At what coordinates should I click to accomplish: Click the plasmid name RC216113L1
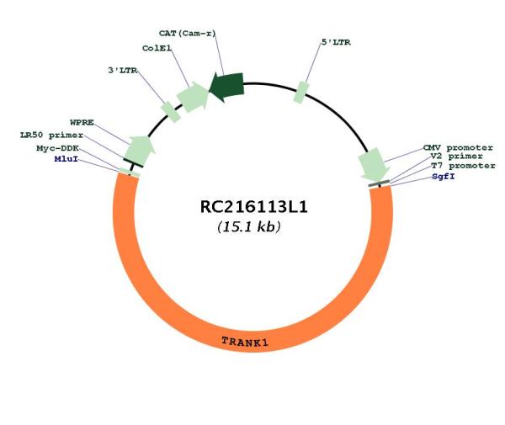[x=254, y=207]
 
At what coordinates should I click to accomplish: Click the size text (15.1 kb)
[x=249, y=226]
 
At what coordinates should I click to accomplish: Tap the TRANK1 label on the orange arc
[x=245, y=342]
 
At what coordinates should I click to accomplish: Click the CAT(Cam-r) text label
[x=188, y=33]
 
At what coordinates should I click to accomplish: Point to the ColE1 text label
[x=157, y=48]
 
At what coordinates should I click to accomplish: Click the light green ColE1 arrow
[x=193, y=97]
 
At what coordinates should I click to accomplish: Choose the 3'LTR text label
[x=123, y=70]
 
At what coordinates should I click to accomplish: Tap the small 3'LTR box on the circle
[x=171, y=112]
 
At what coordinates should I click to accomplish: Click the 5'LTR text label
[x=336, y=42]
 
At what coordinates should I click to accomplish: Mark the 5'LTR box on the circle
[x=301, y=93]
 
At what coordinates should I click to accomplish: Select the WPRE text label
[x=82, y=122]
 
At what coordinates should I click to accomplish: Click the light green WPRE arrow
[x=140, y=151]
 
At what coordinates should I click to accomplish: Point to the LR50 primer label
[x=52, y=135]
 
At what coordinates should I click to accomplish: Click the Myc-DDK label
[x=57, y=148]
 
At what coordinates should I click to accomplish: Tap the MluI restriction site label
[x=66, y=159]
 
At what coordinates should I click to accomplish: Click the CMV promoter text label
[x=458, y=148]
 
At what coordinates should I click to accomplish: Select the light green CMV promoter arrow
[x=374, y=164]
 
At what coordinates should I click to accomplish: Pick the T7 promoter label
[x=463, y=166]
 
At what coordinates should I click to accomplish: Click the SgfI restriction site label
[x=444, y=177]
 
